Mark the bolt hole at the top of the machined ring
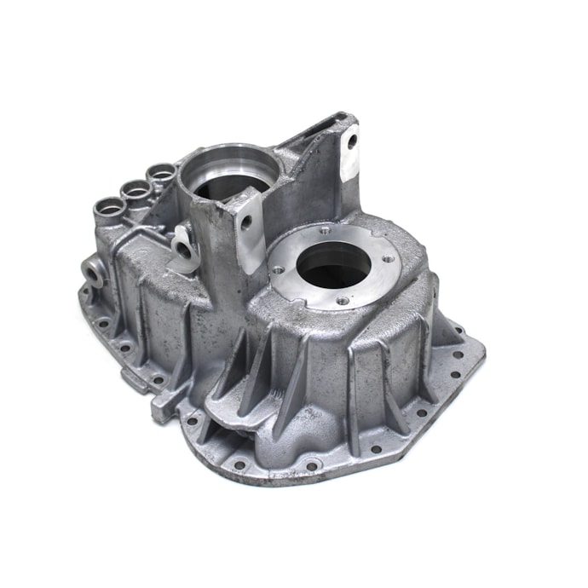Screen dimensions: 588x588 tap(324, 229)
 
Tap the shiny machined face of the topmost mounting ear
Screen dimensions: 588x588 tap(349, 158)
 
